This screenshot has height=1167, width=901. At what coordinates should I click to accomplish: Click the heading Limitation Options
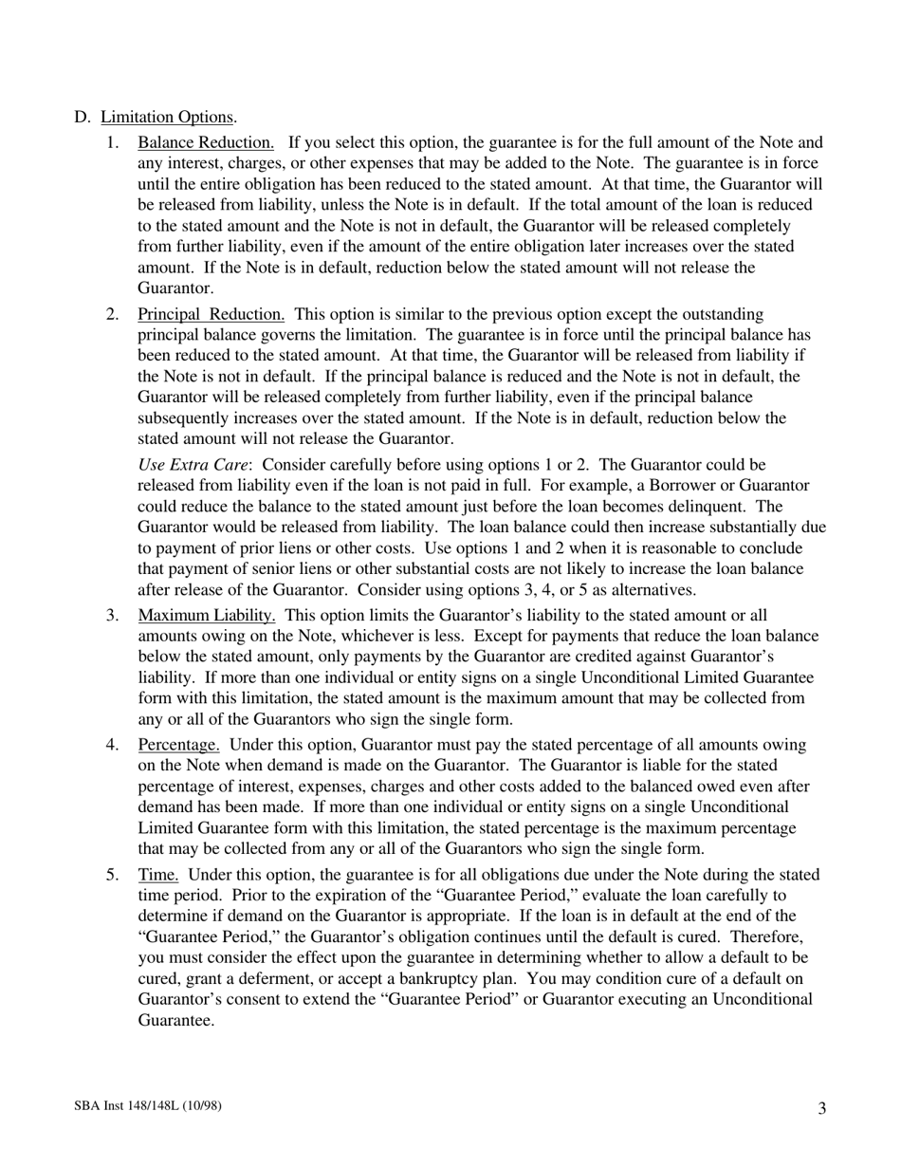pos(168,117)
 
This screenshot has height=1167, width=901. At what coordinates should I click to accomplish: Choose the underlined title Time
pos(158,874)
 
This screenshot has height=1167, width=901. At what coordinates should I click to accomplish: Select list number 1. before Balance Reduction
pos(113,142)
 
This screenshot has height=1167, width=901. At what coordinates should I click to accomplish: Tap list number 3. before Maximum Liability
pos(113,615)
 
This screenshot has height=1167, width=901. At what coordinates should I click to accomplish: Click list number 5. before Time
pos(113,874)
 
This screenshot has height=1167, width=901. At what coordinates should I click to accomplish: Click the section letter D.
pos(82,117)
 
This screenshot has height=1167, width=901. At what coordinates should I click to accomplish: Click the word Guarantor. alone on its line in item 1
pos(176,287)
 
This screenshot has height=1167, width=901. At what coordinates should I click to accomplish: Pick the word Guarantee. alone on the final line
pos(176,1020)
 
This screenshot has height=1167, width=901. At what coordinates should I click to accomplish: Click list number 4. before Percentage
pos(113,744)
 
